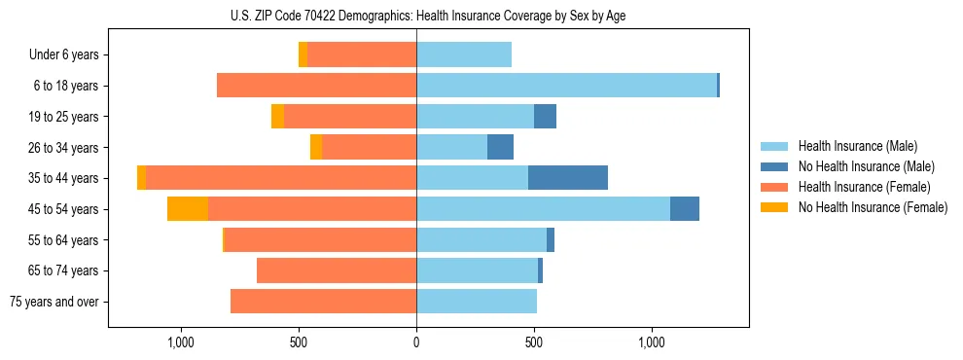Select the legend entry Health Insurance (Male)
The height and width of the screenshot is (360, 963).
coord(856,146)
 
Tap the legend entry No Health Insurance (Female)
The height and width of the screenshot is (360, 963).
coord(873,207)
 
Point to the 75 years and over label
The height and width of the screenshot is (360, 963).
coord(54,302)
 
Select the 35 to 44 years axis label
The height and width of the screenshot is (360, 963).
coord(63,178)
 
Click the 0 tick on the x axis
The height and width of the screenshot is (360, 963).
coord(416,342)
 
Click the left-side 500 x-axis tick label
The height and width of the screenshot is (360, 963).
coord(299,342)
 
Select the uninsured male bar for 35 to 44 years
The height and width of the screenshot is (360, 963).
coord(568,178)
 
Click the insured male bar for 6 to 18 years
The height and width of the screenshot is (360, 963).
coord(566,86)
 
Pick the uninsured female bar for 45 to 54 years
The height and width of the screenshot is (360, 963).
coord(188,209)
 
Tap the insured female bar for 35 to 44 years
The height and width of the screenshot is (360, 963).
coord(281,178)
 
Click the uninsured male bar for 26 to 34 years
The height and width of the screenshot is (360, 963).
coord(500,147)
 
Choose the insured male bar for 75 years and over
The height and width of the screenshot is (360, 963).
coord(477,302)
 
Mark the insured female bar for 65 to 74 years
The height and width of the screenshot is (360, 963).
coord(337,270)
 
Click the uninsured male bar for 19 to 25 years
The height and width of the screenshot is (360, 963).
coord(545,117)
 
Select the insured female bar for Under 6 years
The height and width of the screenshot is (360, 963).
coord(362,54)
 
